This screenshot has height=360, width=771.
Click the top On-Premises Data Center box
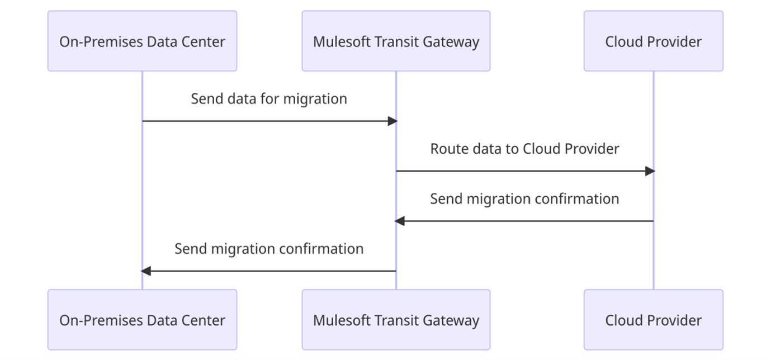pos(142,41)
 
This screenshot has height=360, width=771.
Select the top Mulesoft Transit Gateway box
pos(396,41)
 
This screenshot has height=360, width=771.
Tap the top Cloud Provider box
pos(653,41)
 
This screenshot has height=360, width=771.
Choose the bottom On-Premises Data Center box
pos(142,320)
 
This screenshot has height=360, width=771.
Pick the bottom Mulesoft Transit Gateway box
pos(396,320)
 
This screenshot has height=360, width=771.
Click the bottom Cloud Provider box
pos(653,320)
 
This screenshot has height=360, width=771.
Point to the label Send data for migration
pos(269,99)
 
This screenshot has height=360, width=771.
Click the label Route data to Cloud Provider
pos(524,149)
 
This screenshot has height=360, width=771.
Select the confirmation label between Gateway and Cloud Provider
pos(524,199)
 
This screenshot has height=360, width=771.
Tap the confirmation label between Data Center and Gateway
pos(269,249)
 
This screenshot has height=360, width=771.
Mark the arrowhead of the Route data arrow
pos(650,171)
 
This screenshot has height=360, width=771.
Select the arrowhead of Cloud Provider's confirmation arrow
pos(400,221)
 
